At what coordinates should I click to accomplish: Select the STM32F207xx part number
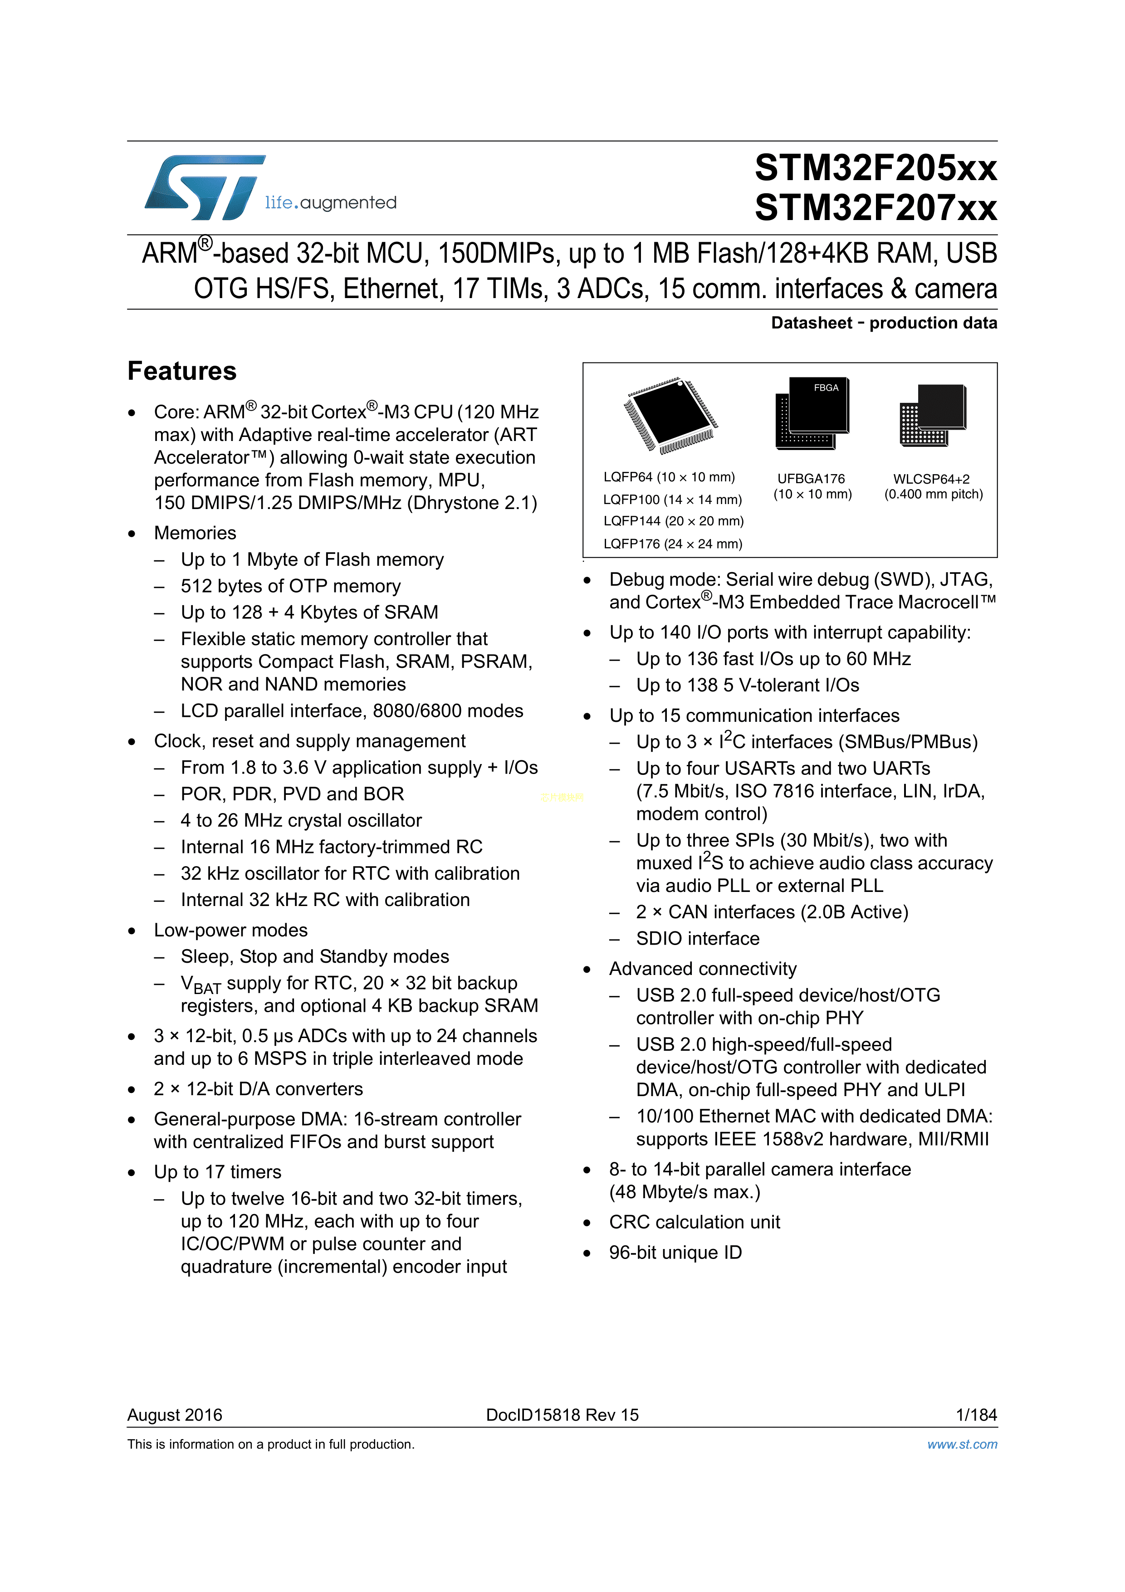(876, 208)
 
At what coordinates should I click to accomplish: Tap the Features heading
(181, 371)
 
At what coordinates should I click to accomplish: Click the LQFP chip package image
(670, 415)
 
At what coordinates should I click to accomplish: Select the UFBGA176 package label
(811, 479)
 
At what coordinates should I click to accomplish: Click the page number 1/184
(976, 1415)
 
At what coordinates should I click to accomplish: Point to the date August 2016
(175, 1415)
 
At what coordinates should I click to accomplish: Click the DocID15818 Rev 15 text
(562, 1415)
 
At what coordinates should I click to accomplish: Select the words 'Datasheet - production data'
(884, 323)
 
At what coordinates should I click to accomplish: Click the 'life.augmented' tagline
(331, 202)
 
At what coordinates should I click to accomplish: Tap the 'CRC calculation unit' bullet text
(695, 1222)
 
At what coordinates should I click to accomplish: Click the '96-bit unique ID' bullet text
(675, 1252)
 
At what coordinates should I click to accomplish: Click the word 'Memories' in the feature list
(195, 533)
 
